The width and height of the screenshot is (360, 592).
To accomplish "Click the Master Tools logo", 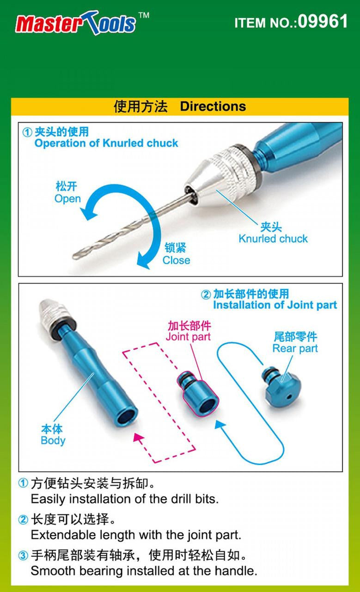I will [76, 23].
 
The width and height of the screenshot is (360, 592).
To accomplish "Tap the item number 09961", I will [323, 22].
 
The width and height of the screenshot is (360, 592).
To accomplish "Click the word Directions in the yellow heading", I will [213, 106].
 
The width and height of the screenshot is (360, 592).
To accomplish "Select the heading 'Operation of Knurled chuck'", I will [106, 143].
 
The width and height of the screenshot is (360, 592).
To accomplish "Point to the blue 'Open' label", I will [67, 199].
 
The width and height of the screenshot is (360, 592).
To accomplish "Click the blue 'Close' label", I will [176, 260].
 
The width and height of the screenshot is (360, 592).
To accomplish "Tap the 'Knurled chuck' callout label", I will [273, 239].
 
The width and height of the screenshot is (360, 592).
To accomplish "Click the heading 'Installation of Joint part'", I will [275, 305].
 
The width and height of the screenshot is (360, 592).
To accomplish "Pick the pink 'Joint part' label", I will [188, 336].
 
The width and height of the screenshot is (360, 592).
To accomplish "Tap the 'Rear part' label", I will [295, 348].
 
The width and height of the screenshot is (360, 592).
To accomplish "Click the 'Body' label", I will [53, 440].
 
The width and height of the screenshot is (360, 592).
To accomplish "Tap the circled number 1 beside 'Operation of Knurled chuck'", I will [28, 133].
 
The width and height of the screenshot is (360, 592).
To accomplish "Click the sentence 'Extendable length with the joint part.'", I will [136, 535].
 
